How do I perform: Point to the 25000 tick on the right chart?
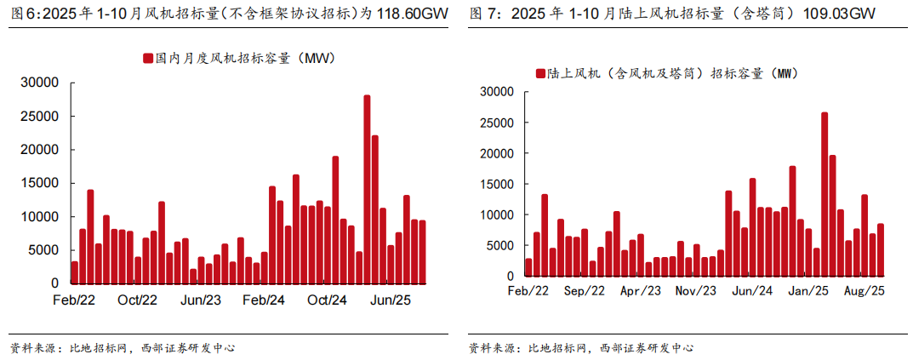[496, 123]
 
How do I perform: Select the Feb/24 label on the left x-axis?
[264, 300]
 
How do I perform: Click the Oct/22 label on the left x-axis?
[137, 300]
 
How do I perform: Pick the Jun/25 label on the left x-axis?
[391, 300]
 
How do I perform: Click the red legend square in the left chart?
[148, 59]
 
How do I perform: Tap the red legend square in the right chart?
[540, 74]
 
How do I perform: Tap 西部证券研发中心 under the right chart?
[646, 348]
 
